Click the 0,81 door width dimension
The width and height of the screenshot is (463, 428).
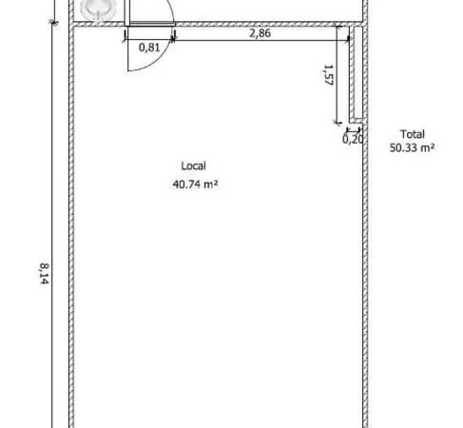(x=149, y=48)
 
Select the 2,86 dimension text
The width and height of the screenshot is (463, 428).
(x=260, y=33)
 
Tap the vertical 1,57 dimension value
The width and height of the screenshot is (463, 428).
(x=329, y=75)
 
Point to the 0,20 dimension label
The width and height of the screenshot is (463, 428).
(x=353, y=139)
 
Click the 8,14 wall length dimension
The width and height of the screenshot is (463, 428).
(x=44, y=274)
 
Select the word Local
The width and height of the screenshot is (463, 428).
(x=193, y=165)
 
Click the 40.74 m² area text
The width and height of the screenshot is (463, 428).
(x=195, y=185)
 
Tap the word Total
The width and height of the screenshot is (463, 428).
(x=413, y=134)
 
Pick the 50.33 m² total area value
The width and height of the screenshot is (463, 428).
(x=412, y=147)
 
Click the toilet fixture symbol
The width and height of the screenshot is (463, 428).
(x=98, y=9)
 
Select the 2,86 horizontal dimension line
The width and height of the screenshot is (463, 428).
(x=261, y=40)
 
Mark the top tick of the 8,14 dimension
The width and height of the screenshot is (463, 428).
(x=54, y=22)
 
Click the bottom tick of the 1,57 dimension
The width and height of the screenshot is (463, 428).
(x=338, y=123)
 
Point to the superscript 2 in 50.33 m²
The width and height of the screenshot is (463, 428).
(x=432, y=146)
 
